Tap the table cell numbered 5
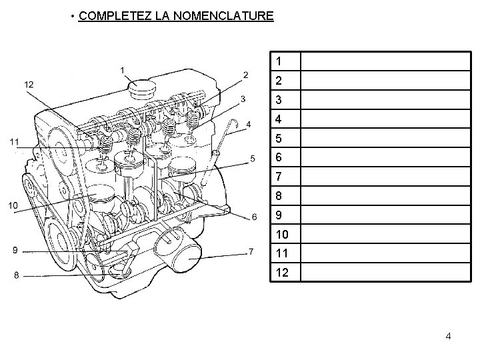pos(285,139)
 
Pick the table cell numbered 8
pos(285,197)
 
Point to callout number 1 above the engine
pos(122,69)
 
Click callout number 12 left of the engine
pos(29,84)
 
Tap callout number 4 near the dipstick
pos(248,124)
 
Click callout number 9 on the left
pos(15,251)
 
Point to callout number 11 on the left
pos(14,141)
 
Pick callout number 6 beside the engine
pos(254,217)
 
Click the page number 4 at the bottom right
pos(448,337)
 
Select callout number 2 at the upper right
pos(246,75)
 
